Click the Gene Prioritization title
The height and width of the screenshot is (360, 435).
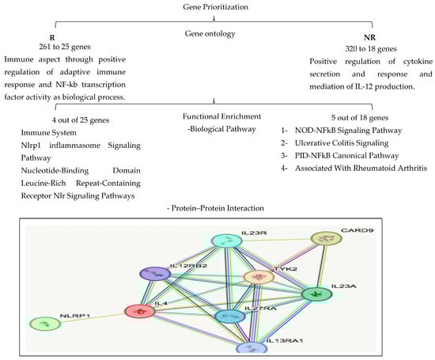pyautogui.click(x=217, y=6)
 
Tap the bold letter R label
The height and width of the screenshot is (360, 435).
pyautogui.click(x=51, y=36)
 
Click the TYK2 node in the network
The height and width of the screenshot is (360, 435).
pyautogui.click(x=258, y=277)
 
